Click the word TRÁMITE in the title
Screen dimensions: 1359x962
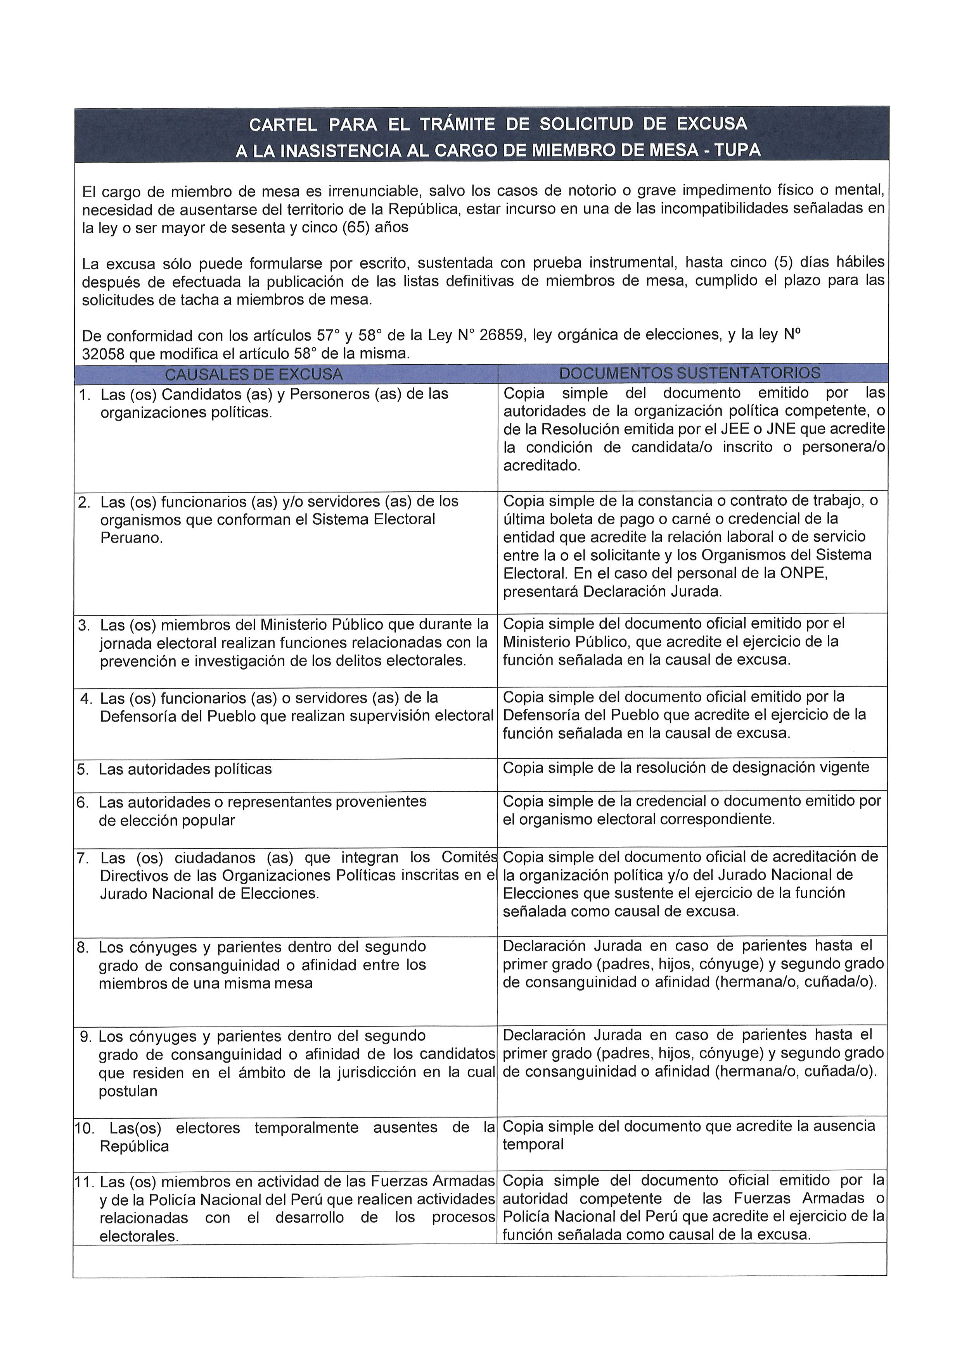pyautogui.click(x=457, y=124)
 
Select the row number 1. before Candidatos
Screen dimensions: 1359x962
pyautogui.click(x=85, y=394)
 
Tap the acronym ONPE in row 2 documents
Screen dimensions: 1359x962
pyautogui.click(x=807, y=573)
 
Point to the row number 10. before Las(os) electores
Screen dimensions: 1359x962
pyautogui.click(x=84, y=1128)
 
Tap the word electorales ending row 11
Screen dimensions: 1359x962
pyautogui.click(x=138, y=1236)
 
